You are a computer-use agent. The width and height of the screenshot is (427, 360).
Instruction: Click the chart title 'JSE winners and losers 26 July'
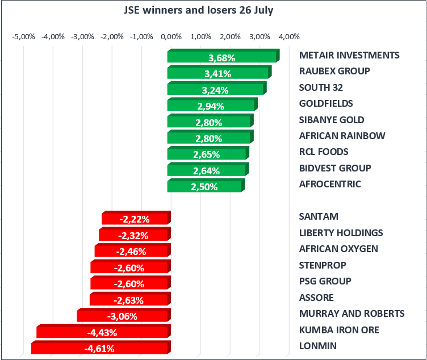(199, 11)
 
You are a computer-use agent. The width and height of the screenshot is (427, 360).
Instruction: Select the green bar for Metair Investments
(223, 57)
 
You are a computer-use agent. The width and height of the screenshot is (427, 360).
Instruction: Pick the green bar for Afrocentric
(205, 186)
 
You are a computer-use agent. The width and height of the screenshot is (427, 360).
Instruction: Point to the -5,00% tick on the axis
(23, 37)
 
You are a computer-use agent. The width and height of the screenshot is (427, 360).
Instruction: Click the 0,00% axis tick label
(171, 37)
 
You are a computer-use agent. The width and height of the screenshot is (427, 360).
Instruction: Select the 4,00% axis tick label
(289, 37)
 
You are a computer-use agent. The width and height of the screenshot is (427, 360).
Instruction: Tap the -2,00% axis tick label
(112, 37)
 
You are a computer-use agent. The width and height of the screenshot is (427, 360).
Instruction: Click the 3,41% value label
(218, 74)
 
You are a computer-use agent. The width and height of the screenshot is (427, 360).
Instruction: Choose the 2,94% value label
(211, 106)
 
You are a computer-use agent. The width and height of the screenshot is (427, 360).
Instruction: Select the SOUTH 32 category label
(321, 87)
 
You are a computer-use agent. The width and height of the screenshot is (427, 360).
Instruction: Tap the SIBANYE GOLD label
(332, 120)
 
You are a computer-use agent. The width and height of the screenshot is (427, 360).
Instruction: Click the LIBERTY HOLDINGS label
(341, 233)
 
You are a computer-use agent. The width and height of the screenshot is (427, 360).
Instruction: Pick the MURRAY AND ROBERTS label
(351, 313)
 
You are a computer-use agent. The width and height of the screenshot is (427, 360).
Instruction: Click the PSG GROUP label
(325, 281)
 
